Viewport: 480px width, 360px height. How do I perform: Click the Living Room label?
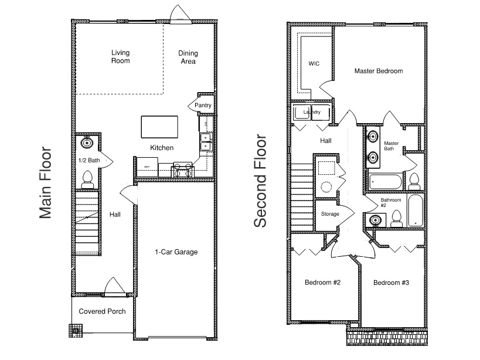120,57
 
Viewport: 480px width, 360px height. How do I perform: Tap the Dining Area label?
188,57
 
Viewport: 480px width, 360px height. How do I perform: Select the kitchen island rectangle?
159,127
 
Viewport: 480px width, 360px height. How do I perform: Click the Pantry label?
203,106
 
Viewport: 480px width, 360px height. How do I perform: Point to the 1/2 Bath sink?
87,142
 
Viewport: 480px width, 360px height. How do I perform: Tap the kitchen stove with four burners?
183,171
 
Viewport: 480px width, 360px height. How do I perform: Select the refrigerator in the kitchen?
147,167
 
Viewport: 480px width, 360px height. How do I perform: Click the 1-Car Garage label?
176,252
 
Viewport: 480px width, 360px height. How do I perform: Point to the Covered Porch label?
102,311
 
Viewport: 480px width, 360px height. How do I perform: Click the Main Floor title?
45,183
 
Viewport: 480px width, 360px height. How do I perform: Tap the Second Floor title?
260,181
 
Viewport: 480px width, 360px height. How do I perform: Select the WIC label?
314,64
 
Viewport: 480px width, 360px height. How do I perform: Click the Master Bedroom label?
379,71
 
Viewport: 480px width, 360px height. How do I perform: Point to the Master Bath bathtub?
386,182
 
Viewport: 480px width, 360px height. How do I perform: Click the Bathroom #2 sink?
375,220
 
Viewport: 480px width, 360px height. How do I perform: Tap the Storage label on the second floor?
330,214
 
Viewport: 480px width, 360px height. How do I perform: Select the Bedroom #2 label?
323,282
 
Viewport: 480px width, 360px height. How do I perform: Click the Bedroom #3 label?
392,283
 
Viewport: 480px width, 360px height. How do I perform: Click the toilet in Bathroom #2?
397,219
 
